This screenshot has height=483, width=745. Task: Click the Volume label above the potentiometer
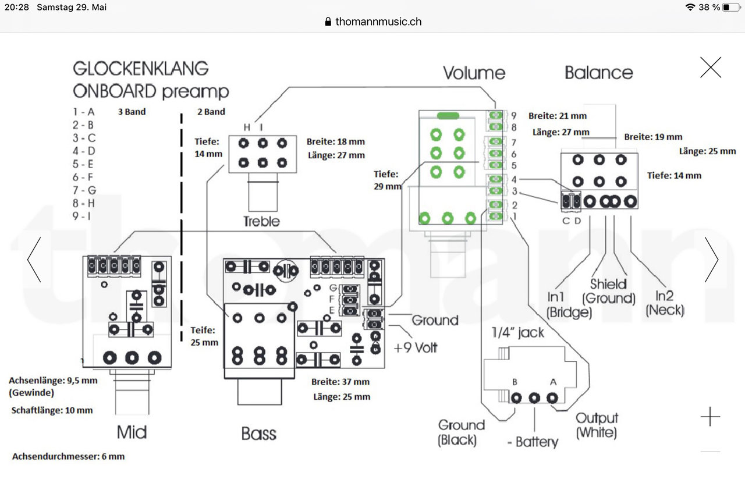pos(474,73)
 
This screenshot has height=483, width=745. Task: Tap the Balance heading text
pos(598,73)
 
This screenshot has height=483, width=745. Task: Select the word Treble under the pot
pos(261,221)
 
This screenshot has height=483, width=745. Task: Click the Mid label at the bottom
pos(132,432)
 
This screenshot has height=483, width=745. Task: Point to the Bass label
pos(258,434)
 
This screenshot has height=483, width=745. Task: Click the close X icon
pos(711,68)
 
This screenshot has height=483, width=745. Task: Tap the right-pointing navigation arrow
pos(711,260)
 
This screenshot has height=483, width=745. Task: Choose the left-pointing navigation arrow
pos(34,260)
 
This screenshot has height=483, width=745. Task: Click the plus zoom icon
pos(710,417)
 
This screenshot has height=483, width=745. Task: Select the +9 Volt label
pos(416,348)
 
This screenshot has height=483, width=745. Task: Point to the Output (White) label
pos(597,425)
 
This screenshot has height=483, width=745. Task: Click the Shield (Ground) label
pos(609,292)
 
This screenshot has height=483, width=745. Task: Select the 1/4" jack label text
pos(518,333)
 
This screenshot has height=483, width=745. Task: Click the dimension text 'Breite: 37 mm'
pos(340,382)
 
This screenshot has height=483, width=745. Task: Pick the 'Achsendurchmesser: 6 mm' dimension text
pos(68,456)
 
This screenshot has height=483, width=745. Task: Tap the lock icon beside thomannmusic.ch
pos(328,22)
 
